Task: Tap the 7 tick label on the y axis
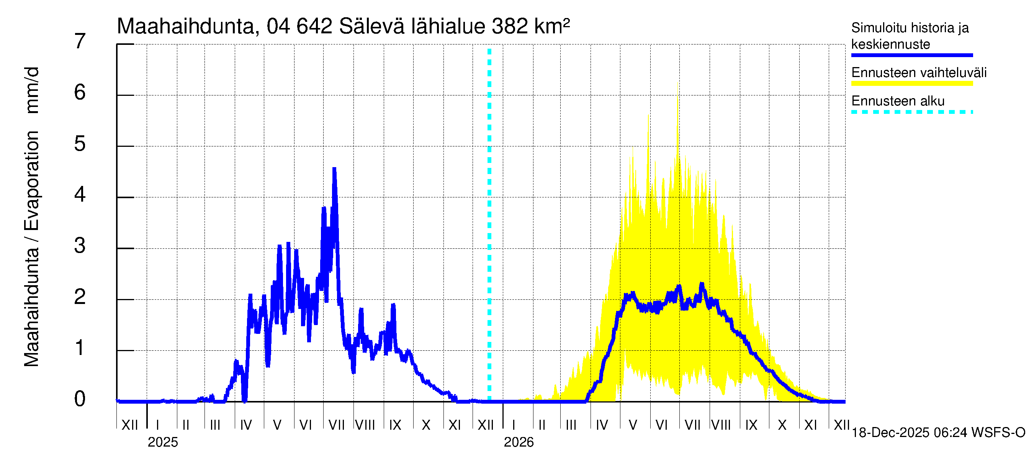pos(80,41)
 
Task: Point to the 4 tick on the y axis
pos(80,195)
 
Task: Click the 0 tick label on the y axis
pos(80,399)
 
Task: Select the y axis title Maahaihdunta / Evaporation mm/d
pos(31,217)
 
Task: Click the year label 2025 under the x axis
pos(162,442)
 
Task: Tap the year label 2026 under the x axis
pos(519,442)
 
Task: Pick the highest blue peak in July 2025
pos(334,169)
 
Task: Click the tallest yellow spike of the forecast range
pos(678,83)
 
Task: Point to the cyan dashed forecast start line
pos(489,225)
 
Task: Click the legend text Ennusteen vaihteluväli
pos(919,73)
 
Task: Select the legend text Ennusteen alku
pos(898,101)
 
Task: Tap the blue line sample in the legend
pos(912,55)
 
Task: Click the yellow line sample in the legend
pos(912,84)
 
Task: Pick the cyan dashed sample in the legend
pos(912,112)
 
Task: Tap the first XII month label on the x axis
pos(129,425)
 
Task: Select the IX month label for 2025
pos(395,425)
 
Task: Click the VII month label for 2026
pos(692,425)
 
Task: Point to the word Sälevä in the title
pos(372,26)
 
